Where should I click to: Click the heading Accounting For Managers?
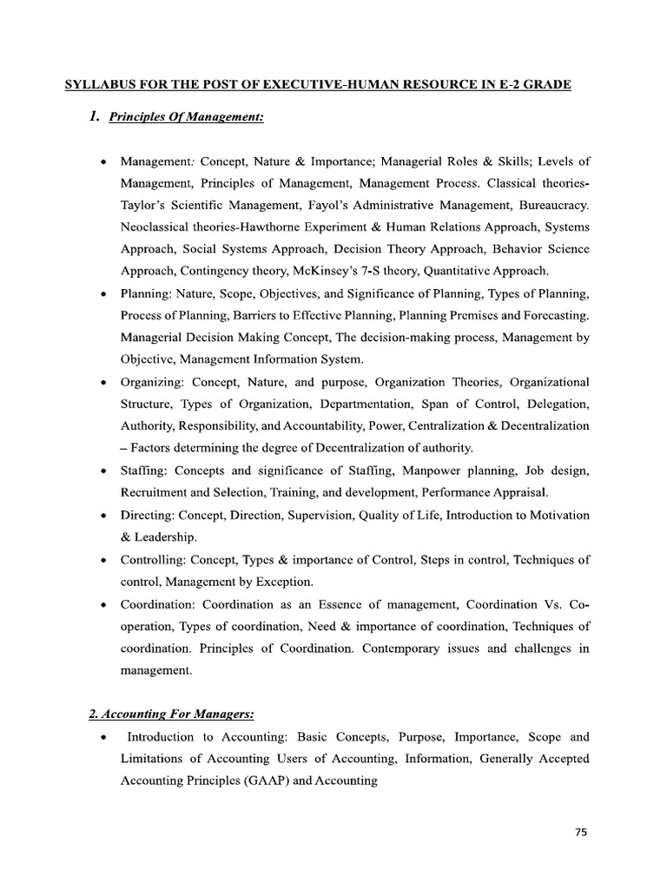coord(171,714)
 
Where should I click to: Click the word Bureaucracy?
coord(551,206)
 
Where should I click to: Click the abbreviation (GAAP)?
coord(254,780)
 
